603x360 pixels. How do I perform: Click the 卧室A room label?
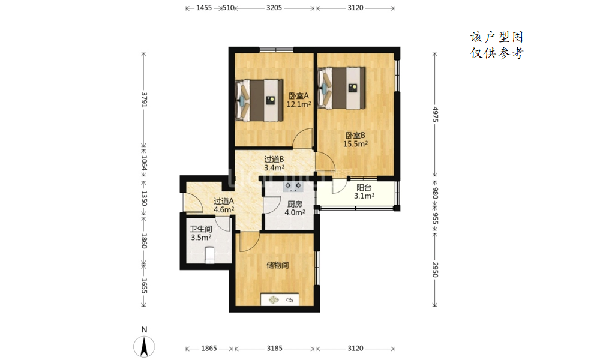[299, 96]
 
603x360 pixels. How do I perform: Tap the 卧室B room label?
[355, 136]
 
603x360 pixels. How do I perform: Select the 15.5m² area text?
[355, 144]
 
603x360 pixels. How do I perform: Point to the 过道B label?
[274, 159]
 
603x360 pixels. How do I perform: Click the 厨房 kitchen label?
[295, 204]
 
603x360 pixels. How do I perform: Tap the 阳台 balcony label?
[364, 188]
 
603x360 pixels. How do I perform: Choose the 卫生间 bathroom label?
[201, 229]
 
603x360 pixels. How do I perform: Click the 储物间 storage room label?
[277, 265]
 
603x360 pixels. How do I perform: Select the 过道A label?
[224, 201]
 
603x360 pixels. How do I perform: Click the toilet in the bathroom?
[209, 255]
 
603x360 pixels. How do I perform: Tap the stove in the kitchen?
[293, 187]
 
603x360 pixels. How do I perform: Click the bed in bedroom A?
[259, 101]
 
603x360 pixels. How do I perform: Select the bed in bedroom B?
[341, 88]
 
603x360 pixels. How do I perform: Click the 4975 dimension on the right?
[434, 115]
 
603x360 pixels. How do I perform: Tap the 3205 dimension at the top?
[274, 8]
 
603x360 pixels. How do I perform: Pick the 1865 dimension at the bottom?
[209, 349]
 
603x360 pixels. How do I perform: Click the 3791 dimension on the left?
[144, 100]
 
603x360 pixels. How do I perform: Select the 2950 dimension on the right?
[434, 269]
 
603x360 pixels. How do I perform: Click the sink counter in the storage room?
[280, 299]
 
